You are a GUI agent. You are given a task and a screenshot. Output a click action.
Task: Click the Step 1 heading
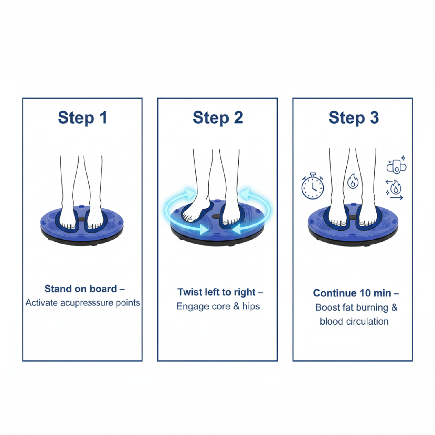[83, 118]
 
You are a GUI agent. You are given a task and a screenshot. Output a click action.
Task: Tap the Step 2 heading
[218, 118]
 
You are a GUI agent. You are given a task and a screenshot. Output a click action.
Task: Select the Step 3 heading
[354, 118]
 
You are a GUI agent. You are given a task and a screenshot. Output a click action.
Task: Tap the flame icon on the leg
[353, 181]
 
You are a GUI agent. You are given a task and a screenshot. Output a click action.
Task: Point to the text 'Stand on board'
[81, 289]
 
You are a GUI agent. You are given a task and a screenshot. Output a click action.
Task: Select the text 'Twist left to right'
[217, 292]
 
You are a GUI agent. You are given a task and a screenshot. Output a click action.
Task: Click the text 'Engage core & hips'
[218, 307]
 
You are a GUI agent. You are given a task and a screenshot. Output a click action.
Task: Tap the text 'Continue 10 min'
[352, 293]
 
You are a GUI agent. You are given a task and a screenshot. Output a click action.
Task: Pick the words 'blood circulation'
[354, 321]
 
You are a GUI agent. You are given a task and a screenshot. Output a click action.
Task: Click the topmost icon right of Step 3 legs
[396, 165]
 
